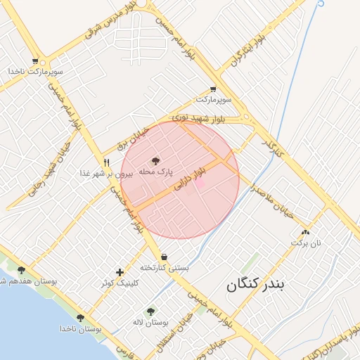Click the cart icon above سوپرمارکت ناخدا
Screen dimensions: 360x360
(x=34, y=61)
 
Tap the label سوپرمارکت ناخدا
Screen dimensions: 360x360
(x=36, y=72)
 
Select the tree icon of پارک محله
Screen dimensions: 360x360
(x=155, y=161)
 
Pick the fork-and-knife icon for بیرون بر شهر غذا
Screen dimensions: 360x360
(x=106, y=162)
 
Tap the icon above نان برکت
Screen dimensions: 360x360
(x=305, y=232)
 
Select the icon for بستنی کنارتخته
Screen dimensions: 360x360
(x=164, y=257)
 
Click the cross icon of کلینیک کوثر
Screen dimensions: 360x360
(x=120, y=272)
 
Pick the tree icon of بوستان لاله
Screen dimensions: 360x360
(x=150, y=311)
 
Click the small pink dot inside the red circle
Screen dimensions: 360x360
(x=200, y=183)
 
